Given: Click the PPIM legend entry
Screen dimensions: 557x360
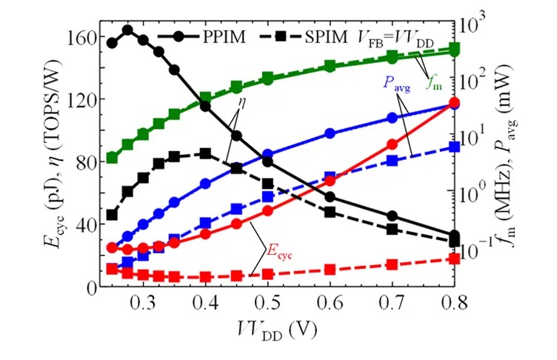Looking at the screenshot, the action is (x=201, y=36).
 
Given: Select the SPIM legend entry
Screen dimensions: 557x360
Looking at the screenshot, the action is (x=304, y=36).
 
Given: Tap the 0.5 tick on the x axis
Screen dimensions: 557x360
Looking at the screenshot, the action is (x=268, y=303).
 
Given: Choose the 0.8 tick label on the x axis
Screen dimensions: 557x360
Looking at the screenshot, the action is (x=454, y=303).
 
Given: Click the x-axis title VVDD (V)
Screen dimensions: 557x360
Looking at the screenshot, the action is (x=277, y=330).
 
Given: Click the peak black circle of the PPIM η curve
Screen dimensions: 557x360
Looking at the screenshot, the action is (x=128, y=30).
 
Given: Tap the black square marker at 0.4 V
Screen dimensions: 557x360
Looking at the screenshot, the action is (x=205, y=154).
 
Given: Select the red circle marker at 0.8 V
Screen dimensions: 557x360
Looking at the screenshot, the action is (x=454, y=102).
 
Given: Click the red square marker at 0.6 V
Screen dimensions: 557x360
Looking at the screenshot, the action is (x=330, y=270).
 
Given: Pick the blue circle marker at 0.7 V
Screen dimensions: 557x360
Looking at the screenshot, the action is (x=392, y=118).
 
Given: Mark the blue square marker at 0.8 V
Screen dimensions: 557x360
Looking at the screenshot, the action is (x=454, y=147).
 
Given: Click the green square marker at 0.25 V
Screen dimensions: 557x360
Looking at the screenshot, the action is (x=113, y=158).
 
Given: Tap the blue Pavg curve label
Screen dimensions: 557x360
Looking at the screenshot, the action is (x=396, y=84).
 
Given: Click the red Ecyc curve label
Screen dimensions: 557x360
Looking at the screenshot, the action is (x=279, y=252).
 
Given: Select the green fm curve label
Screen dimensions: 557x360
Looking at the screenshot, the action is (x=434, y=84).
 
